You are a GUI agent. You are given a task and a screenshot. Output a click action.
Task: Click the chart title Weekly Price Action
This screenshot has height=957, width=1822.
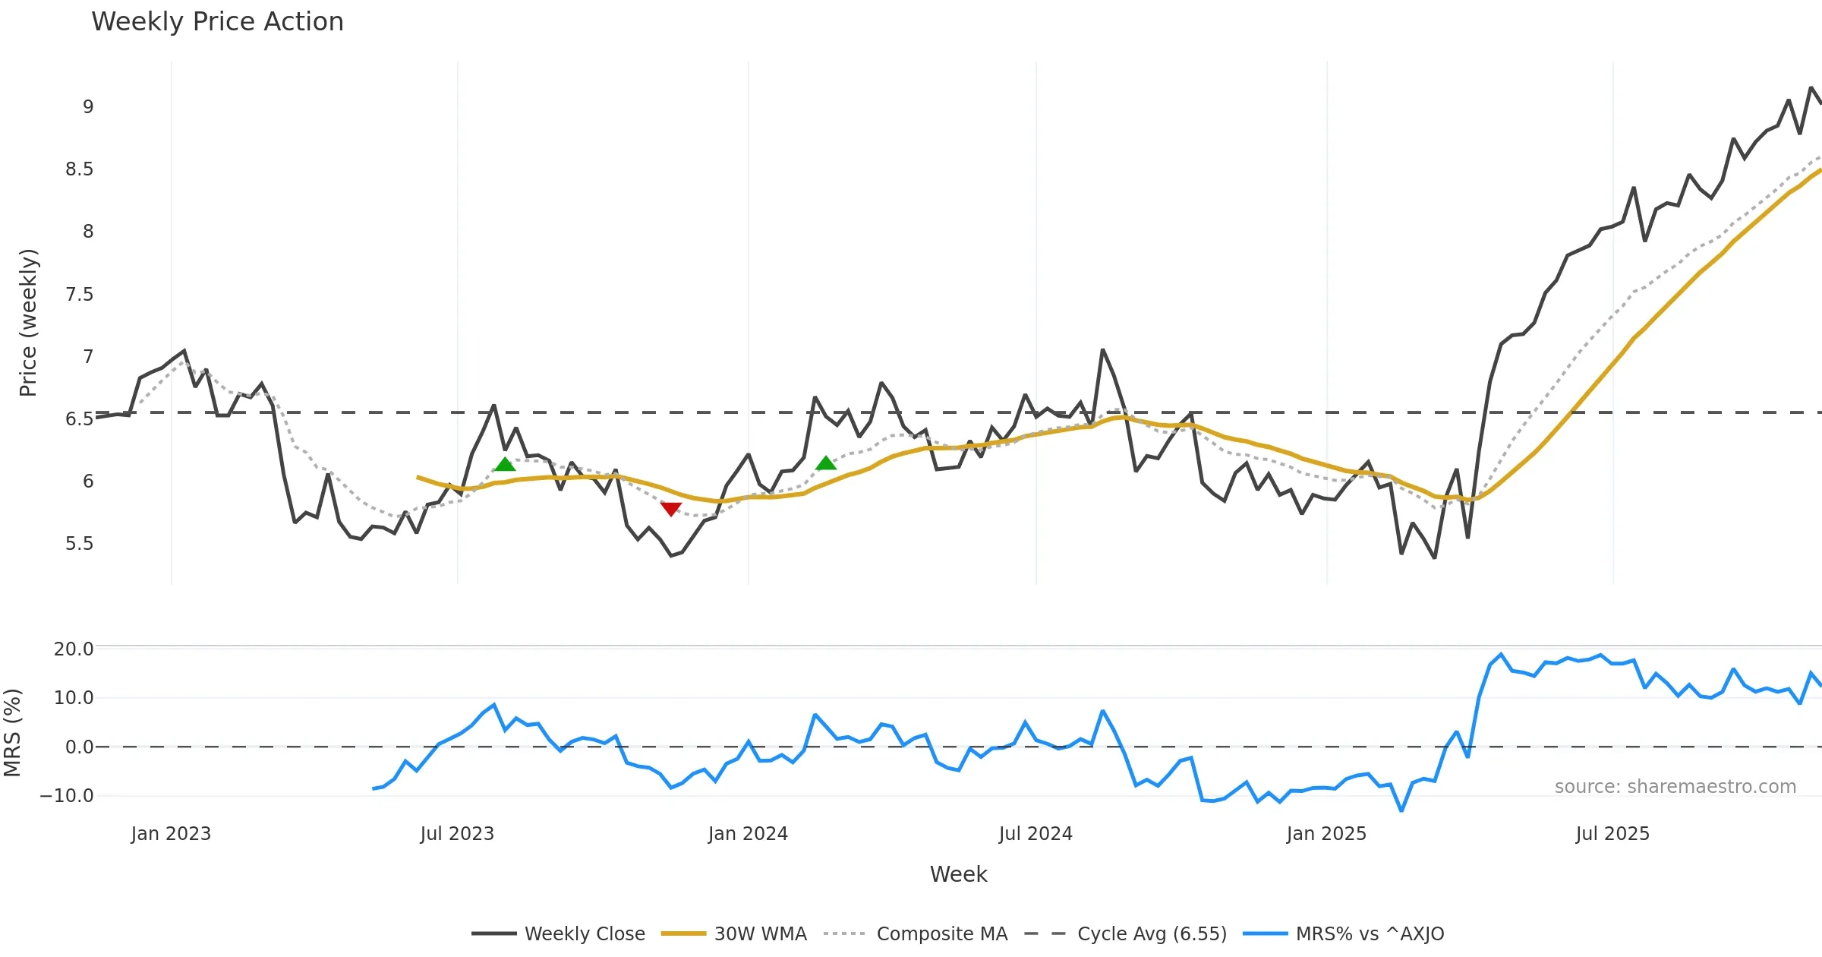217,22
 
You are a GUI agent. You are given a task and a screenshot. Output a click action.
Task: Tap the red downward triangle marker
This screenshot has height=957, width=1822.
671,509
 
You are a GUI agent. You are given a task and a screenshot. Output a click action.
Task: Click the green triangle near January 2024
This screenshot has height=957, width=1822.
826,463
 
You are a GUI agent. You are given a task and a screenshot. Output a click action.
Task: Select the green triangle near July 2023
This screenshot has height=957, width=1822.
505,464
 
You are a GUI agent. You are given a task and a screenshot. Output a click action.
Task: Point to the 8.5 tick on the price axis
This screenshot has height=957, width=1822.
79,169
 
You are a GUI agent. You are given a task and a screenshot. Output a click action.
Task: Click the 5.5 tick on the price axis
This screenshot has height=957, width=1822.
79,544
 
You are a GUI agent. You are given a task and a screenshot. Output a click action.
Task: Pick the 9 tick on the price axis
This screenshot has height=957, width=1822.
88,107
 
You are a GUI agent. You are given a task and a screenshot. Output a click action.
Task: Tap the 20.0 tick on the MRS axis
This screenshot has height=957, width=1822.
74,649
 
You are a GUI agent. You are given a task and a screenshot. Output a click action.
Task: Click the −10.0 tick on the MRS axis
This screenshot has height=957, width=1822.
67,796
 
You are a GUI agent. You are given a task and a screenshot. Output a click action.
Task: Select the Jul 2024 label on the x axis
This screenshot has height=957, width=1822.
1036,834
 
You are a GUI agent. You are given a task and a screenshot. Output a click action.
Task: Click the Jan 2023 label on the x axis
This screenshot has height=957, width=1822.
171,834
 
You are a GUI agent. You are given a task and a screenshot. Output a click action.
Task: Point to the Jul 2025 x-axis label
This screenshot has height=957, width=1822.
1612,834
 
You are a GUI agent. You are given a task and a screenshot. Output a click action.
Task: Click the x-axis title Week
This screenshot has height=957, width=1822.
958,875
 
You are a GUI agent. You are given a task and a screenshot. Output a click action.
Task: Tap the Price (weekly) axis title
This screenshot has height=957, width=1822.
28,323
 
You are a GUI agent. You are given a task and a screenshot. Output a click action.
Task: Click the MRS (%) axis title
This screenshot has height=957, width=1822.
12,733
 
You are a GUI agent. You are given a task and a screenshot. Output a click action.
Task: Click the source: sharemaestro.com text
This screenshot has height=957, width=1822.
1675,787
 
